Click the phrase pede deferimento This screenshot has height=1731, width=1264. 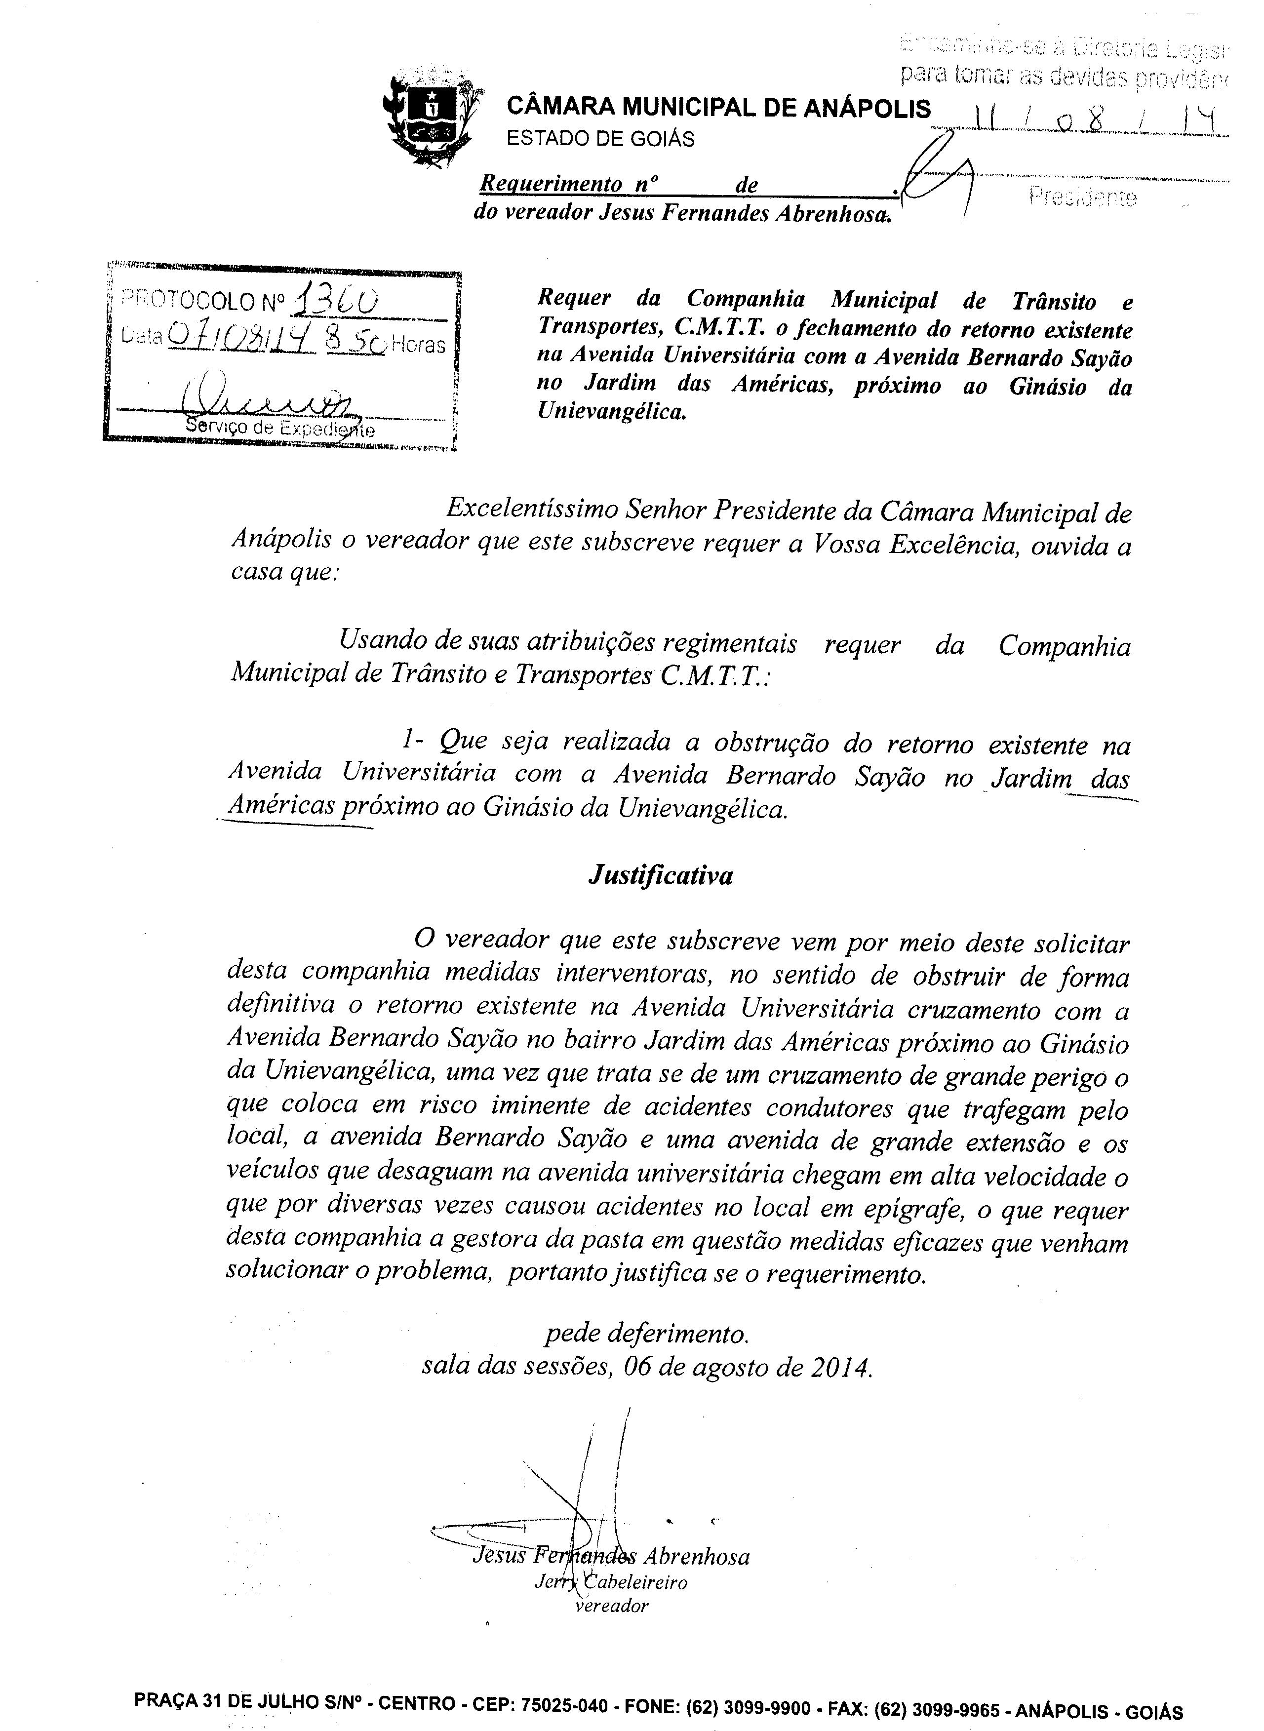point(646,1335)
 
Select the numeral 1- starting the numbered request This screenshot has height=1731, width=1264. point(411,741)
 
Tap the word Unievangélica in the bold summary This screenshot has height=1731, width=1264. point(610,412)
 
